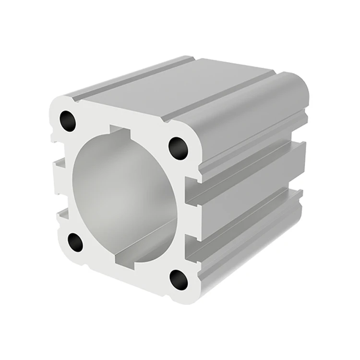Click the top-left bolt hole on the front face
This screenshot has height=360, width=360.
[x=68, y=121]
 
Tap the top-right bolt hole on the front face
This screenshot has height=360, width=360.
[x=178, y=148]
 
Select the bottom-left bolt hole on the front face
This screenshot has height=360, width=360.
[x=75, y=242]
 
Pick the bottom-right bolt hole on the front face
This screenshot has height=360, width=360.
[x=179, y=279]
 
